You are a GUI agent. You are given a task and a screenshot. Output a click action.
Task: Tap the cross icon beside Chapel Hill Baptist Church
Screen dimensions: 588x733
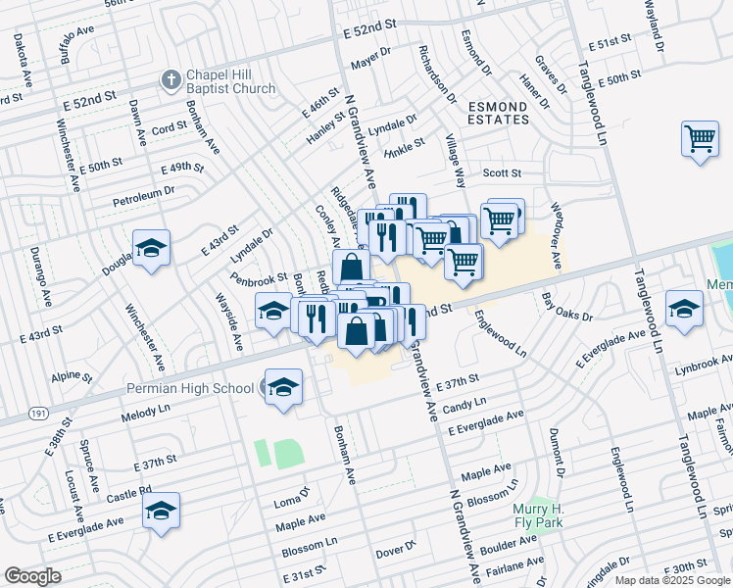click(x=170, y=80)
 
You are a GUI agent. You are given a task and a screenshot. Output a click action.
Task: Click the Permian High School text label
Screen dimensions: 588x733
click(x=190, y=388)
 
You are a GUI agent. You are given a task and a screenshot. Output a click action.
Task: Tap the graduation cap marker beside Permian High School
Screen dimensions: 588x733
click(x=282, y=387)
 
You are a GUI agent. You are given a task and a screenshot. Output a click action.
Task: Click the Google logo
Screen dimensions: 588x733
click(x=32, y=576)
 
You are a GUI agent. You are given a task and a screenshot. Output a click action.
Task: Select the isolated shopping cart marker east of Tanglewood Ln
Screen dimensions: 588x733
click(x=700, y=138)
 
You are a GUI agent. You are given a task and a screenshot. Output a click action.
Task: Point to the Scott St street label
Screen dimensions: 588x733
click(x=502, y=172)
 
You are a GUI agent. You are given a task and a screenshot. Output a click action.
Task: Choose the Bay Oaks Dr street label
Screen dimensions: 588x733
click(x=568, y=307)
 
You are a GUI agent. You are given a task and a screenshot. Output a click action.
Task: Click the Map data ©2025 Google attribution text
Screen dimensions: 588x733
click(x=672, y=579)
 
